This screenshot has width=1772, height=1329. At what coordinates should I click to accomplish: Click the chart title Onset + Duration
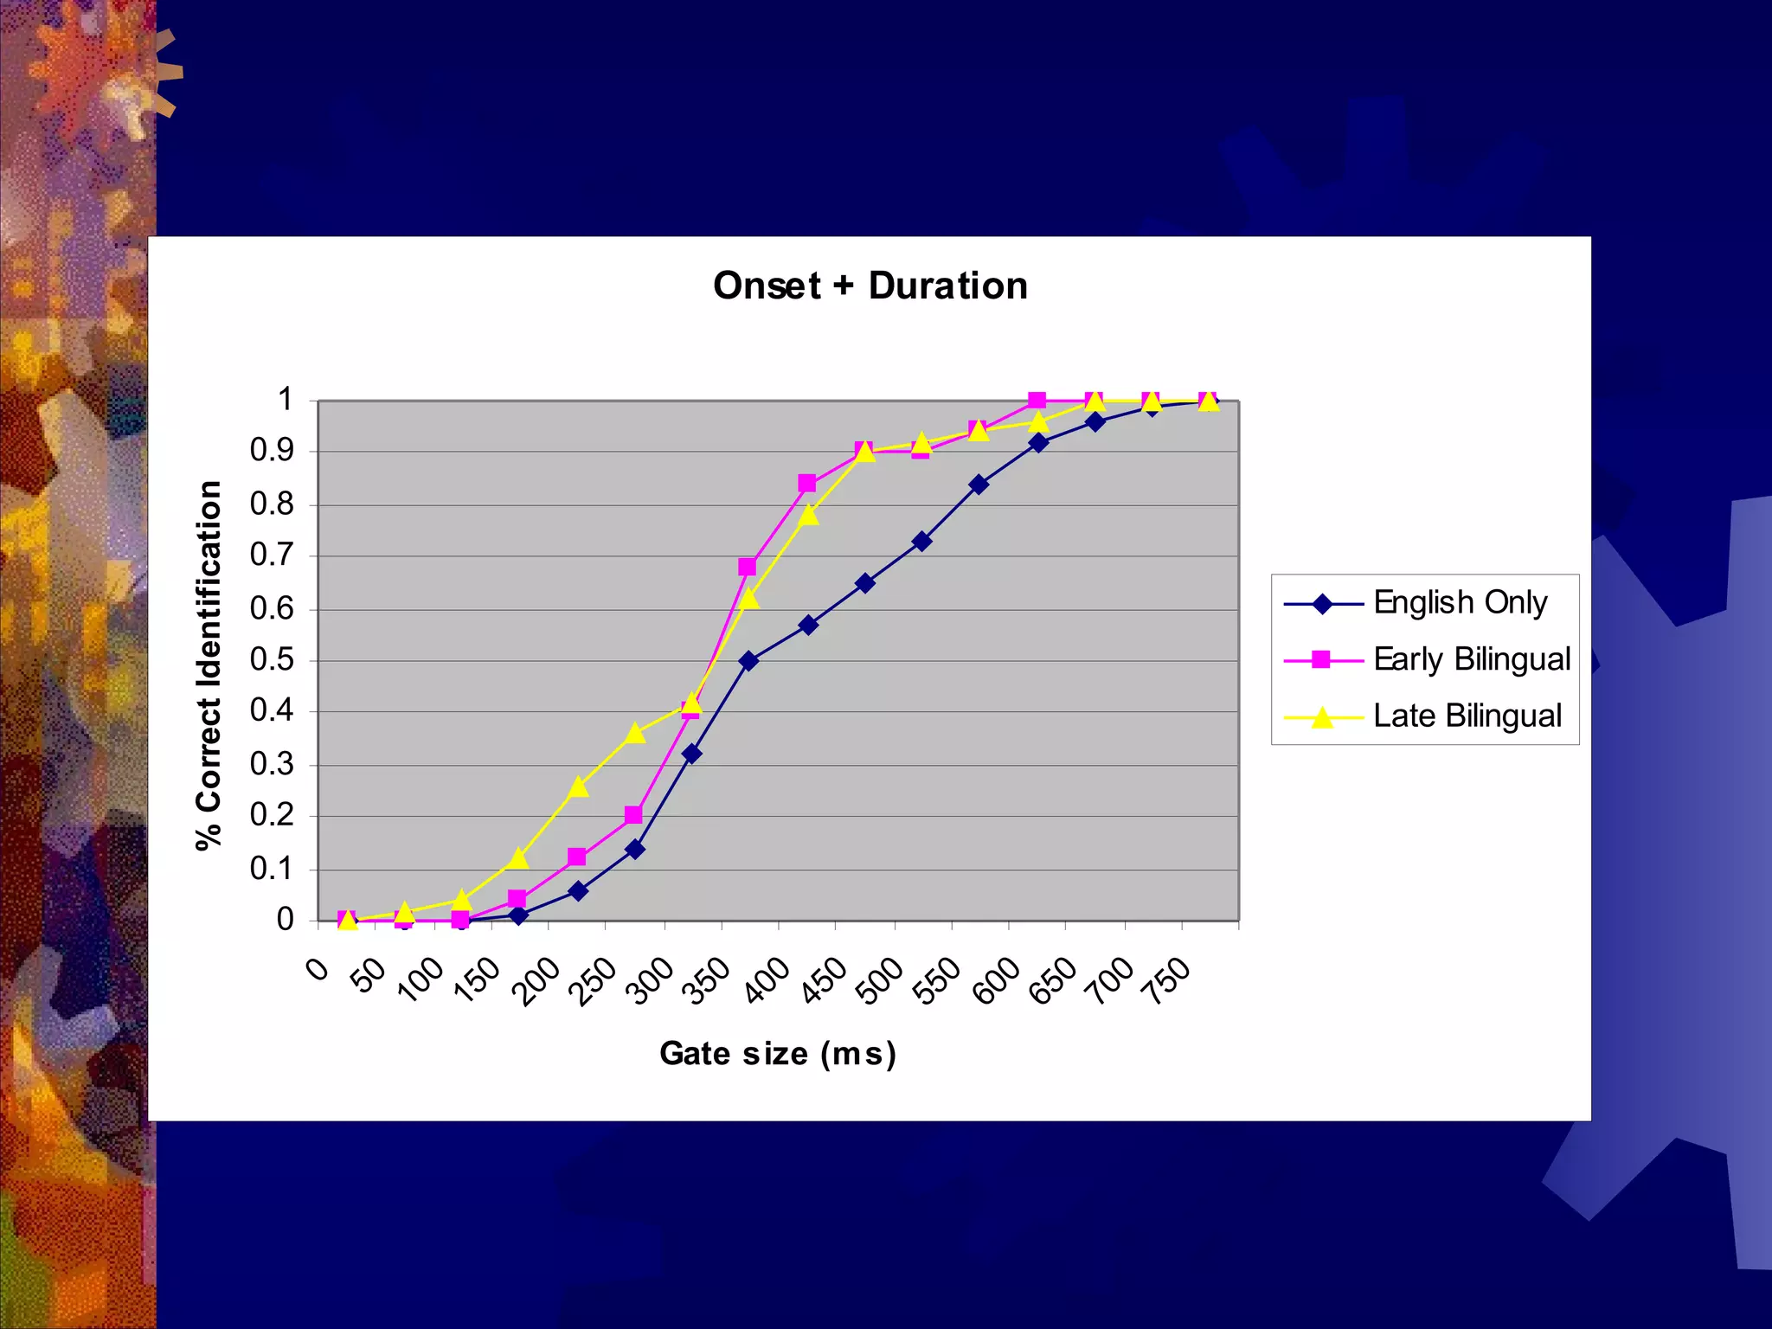click(870, 286)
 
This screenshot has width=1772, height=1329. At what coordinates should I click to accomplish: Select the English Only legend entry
click(1460, 602)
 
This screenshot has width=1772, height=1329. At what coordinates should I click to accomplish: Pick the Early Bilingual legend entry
click(1471, 659)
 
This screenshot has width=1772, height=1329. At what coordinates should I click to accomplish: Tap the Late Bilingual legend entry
click(1467, 716)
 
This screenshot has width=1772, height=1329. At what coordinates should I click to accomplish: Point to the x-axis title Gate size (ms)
click(778, 1054)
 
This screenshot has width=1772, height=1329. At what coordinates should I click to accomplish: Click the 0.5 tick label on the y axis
click(272, 660)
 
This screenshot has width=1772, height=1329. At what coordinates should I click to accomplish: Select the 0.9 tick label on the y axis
click(272, 451)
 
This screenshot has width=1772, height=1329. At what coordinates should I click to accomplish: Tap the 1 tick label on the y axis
click(285, 400)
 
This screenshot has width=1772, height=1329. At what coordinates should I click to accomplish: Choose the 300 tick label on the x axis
click(652, 980)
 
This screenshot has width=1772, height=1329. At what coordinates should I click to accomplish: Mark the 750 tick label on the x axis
click(1169, 980)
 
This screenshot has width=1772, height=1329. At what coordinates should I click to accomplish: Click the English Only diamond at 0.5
click(749, 661)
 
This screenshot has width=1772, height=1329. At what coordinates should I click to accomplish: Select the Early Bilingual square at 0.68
click(748, 568)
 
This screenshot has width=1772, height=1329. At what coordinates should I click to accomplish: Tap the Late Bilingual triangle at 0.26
click(579, 786)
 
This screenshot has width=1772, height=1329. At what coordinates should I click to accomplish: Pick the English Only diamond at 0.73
click(922, 542)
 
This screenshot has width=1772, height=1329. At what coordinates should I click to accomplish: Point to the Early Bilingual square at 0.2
click(633, 815)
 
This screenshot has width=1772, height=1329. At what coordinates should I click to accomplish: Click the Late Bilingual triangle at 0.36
click(635, 733)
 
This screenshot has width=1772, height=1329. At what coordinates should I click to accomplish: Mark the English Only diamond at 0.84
click(979, 485)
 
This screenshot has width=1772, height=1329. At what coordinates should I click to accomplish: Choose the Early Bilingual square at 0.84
click(807, 483)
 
